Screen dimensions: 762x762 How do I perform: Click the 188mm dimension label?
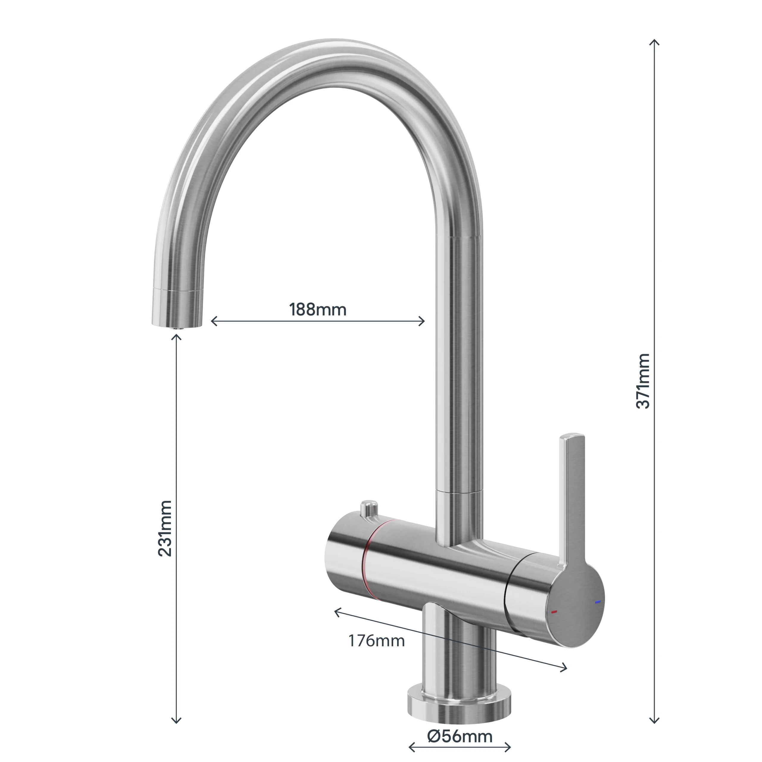tap(318, 310)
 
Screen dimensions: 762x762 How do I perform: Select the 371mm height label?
tap(643, 381)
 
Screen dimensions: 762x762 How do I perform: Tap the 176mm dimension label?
tap(376, 641)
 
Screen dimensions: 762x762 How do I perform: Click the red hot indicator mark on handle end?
tap(554, 612)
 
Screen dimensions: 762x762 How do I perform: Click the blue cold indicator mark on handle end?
tap(598, 602)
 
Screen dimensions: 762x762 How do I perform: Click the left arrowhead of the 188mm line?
tap(213, 321)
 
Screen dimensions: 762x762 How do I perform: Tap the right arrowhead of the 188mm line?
tap(423, 321)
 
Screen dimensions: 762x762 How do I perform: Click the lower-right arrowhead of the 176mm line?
tap(564, 668)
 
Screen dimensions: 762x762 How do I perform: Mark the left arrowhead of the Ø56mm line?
tap(411, 747)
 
